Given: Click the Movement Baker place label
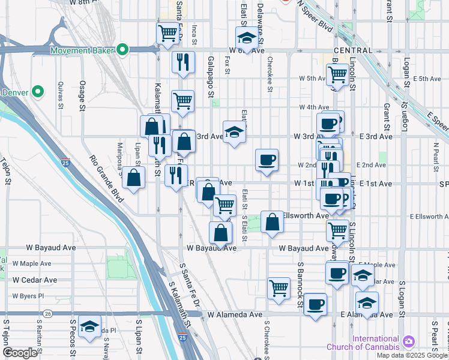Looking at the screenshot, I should coord(83,49).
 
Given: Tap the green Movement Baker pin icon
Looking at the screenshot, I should coord(123,49).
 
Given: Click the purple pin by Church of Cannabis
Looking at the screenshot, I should coord(409,342).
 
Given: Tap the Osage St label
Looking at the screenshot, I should coord(83,95).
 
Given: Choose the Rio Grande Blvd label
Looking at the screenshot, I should coord(107,178).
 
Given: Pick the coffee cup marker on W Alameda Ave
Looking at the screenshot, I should coord(315,304).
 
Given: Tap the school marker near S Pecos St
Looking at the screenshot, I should coord(89,326).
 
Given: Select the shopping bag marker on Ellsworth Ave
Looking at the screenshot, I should coord(272,221).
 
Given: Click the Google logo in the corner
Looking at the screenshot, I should coord(20,353).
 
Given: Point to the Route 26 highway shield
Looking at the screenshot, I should coord(47,314).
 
